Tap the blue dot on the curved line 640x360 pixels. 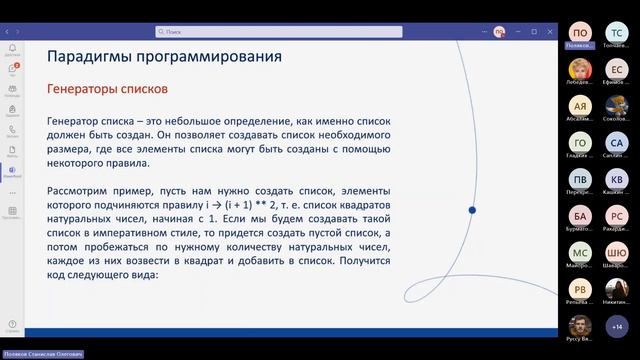click(x=471, y=210)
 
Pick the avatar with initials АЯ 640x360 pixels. click(x=579, y=105)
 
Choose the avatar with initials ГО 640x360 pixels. click(x=579, y=142)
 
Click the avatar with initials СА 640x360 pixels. click(x=616, y=142)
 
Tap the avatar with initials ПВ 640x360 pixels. click(x=579, y=179)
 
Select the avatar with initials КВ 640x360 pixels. click(x=616, y=179)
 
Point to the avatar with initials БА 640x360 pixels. click(x=579, y=215)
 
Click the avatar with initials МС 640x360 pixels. click(x=579, y=252)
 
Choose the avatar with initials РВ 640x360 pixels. click(x=579, y=289)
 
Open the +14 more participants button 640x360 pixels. click(x=616, y=326)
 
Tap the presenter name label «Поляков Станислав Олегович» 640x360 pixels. click(x=42, y=354)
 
